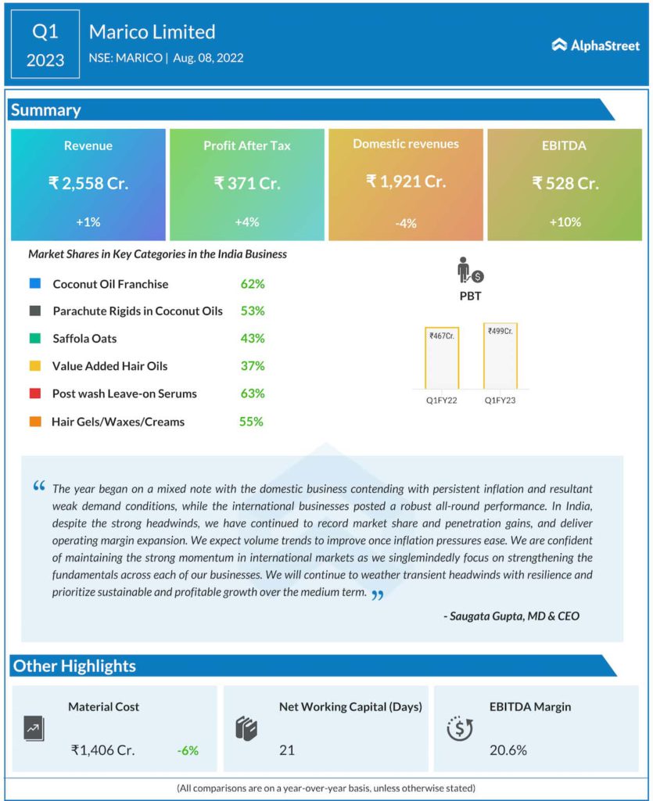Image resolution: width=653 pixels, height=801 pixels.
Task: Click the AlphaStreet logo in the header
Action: [595, 45]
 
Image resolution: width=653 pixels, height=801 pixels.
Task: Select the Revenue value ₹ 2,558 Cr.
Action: [88, 183]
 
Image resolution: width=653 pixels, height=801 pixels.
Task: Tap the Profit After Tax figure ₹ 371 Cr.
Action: [246, 183]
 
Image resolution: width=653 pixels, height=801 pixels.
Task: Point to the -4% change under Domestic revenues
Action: [406, 223]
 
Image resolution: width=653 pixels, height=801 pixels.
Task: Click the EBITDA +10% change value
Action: [565, 221]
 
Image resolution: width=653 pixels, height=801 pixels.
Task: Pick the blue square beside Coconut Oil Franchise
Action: [34, 284]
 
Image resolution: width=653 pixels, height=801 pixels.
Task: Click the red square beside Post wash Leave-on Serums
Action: [34, 393]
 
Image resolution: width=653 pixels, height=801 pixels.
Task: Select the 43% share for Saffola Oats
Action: [253, 339]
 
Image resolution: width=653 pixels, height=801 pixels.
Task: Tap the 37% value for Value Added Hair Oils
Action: [253, 366]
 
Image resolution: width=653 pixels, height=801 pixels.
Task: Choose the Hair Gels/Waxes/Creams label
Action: [118, 422]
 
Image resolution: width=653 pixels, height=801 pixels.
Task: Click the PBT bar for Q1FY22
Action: [442, 357]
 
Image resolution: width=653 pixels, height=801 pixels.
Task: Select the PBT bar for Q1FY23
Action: [501, 356]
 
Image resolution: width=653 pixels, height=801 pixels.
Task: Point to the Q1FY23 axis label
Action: [501, 400]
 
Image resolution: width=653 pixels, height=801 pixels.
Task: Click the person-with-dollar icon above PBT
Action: [470, 271]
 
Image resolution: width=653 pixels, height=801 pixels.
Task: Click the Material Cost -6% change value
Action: [188, 750]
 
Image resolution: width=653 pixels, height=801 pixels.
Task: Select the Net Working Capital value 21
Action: [287, 750]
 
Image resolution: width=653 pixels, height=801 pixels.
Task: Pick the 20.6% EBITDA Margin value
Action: [508, 750]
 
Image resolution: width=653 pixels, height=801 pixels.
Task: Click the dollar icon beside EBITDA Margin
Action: [460, 728]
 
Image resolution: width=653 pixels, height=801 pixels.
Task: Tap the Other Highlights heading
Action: [75, 666]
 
